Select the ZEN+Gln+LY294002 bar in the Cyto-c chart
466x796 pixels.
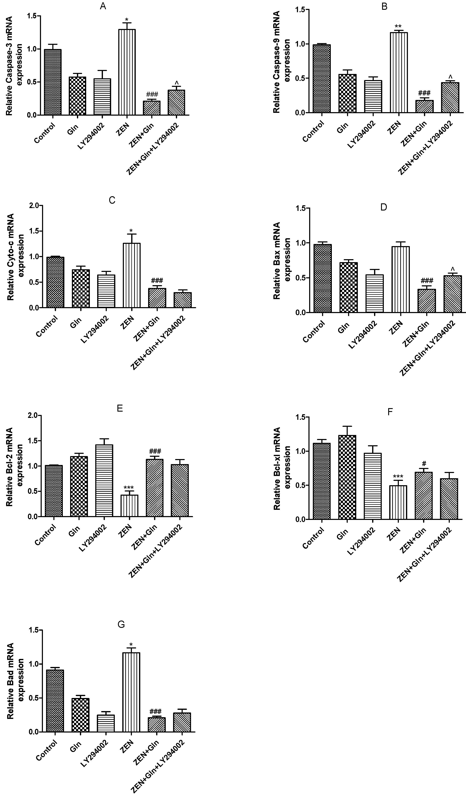(183, 300)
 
